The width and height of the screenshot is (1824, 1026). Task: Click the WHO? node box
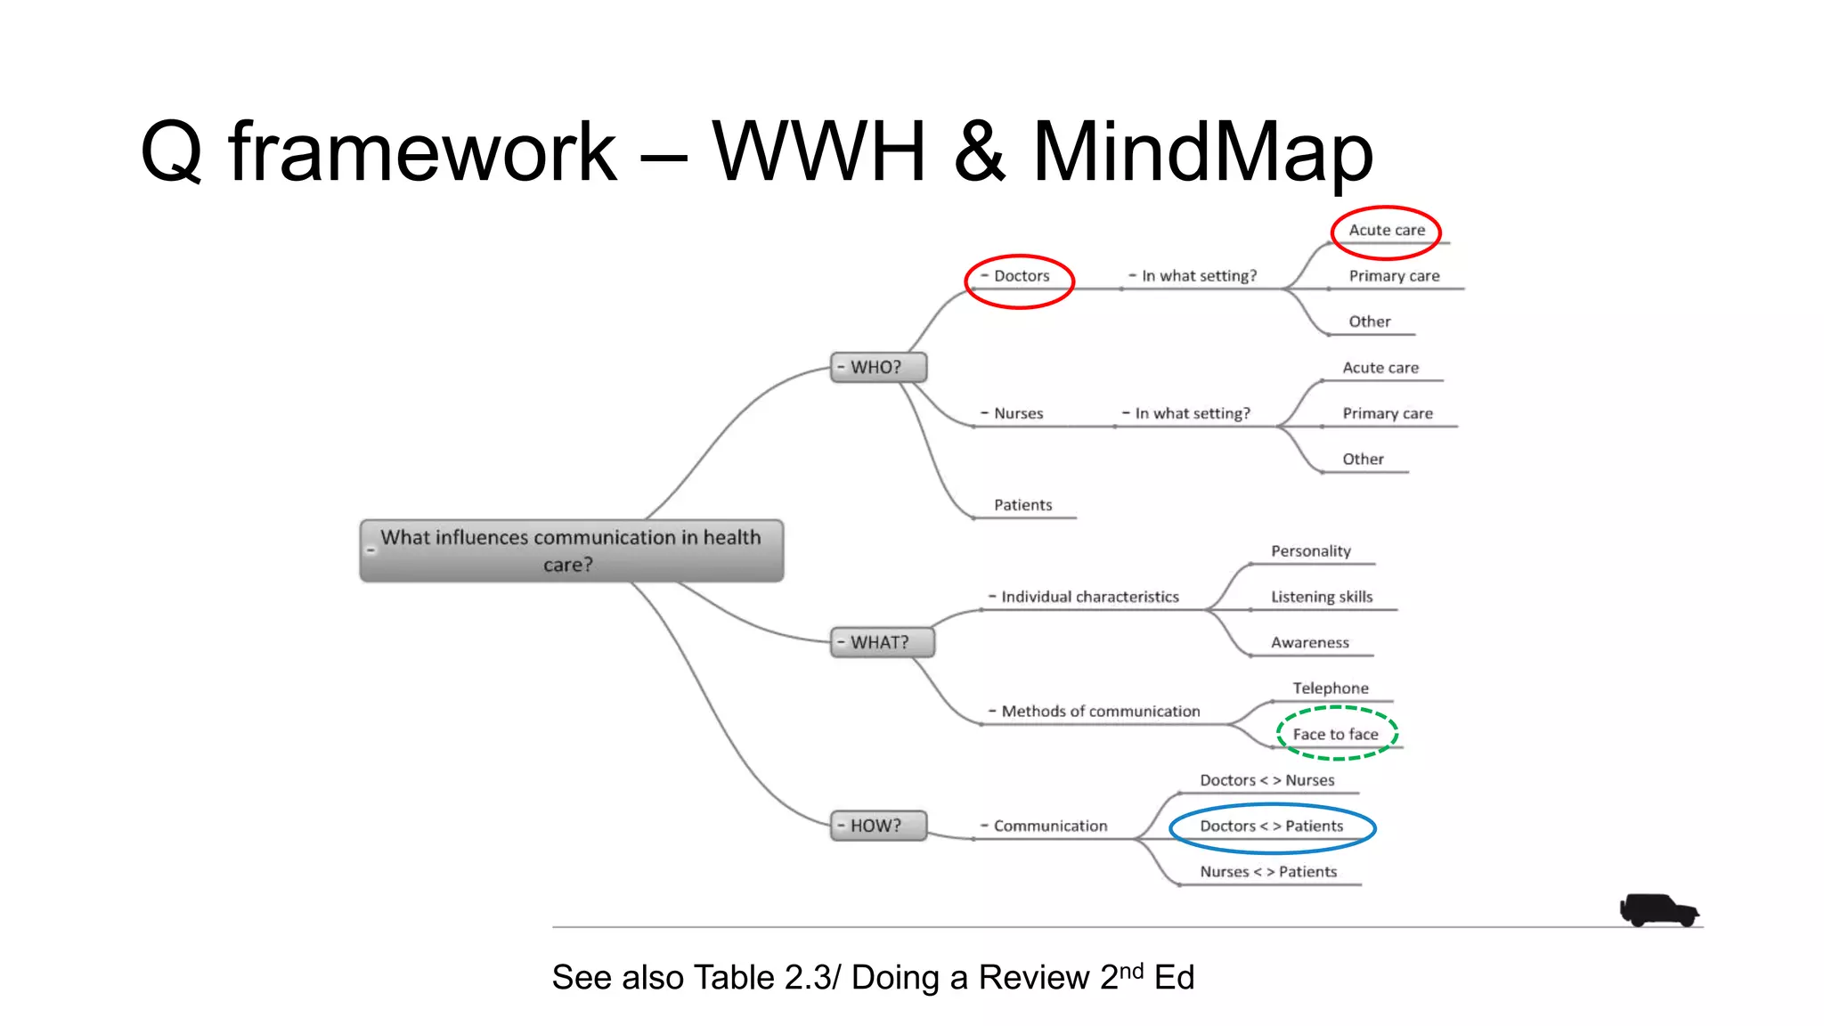pyautogui.click(x=878, y=367)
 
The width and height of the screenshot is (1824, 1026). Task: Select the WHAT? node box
pyautogui.click(x=882, y=642)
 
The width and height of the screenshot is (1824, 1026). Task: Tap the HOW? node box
pyautogui.click(x=878, y=826)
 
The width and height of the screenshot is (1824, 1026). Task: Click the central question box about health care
pyautogui.click(x=572, y=550)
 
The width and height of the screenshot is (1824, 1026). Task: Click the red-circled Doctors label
pyautogui.click(x=1021, y=276)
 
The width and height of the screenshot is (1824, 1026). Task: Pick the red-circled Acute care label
pyautogui.click(x=1386, y=230)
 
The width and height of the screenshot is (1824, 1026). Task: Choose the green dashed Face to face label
pyautogui.click(x=1336, y=734)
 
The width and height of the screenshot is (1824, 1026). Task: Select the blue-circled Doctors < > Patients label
pyautogui.click(x=1272, y=826)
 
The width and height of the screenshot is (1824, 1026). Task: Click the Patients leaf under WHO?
pyautogui.click(x=1022, y=505)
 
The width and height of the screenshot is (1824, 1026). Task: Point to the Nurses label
pyautogui.click(x=1018, y=413)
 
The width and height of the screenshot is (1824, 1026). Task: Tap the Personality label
pyautogui.click(x=1310, y=551)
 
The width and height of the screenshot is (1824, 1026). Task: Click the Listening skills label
pyautogui.click(x=1322, y=597)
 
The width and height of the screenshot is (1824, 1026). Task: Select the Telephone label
pyautogui.click(x=1331, y=688)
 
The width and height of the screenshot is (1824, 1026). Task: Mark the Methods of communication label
pyautogui.click(x=1101, y=712)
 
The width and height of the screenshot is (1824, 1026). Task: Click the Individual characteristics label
pyautogui.click(x=1089, y=597)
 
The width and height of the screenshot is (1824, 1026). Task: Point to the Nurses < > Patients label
pyautogui.click(x=1268, y=872)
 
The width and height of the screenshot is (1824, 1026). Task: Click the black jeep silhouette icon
pyautogui.click(x=1658, y=910)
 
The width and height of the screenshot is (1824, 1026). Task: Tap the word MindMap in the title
pyautogui.click(x=1202, y=151)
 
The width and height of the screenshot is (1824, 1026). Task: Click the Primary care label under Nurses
pyautogui.click(x=1388, y=413)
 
